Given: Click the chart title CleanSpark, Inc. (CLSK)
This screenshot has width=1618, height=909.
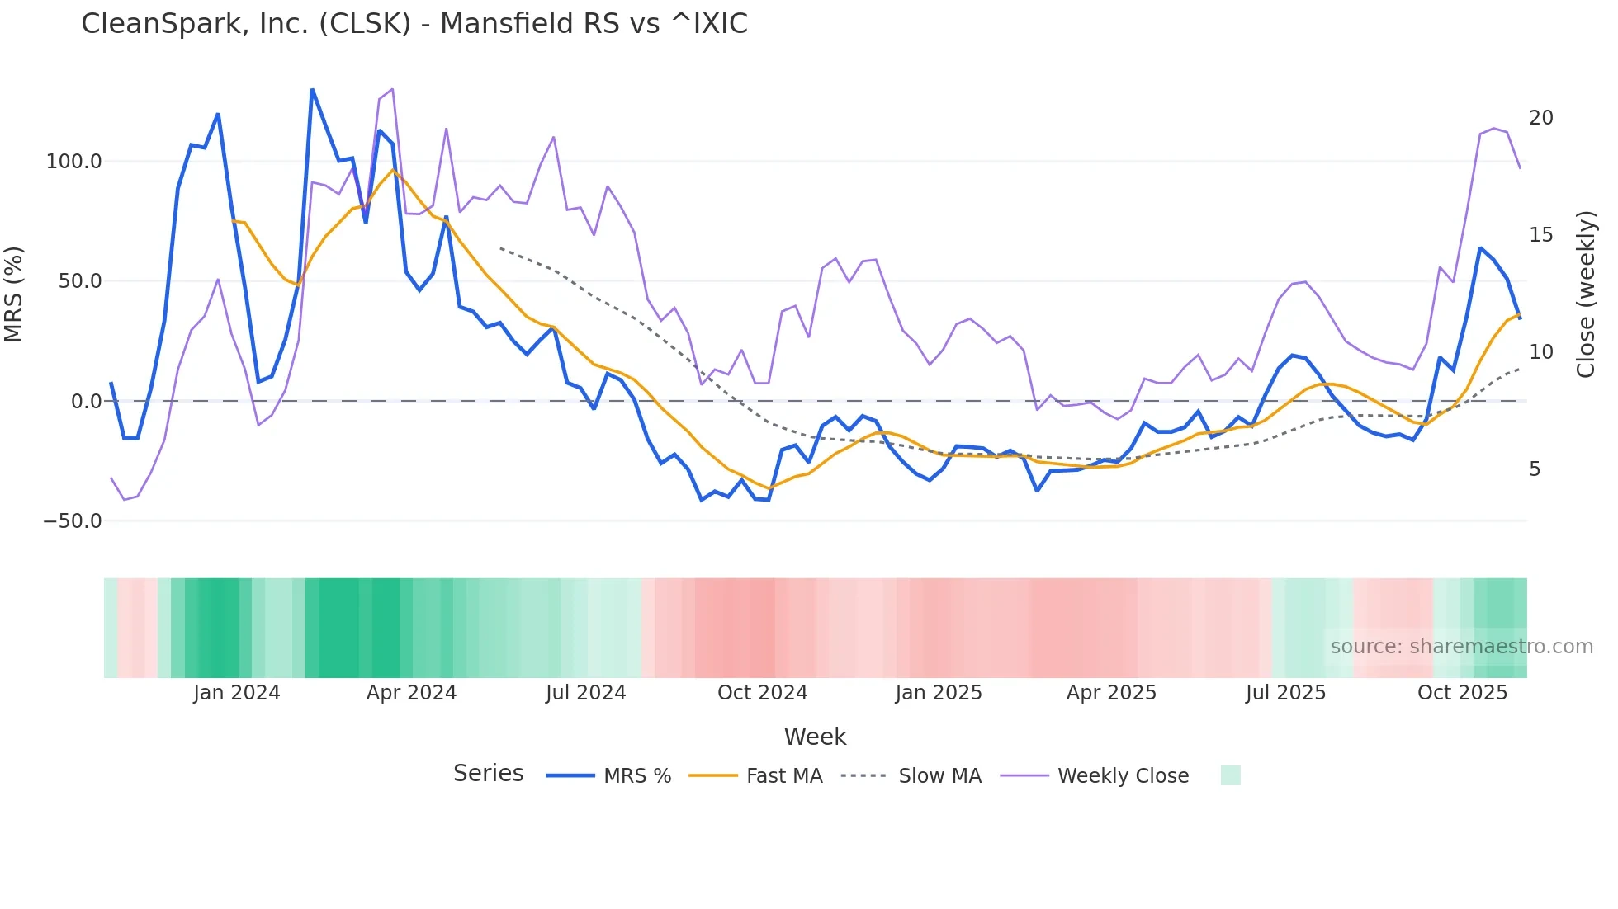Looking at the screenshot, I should point(414,24).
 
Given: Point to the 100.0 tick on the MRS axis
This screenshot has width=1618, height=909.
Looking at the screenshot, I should point(73,161).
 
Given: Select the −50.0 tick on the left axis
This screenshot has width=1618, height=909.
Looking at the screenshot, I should point(72,521).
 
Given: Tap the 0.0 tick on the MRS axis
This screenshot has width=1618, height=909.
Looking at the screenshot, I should point(86,402).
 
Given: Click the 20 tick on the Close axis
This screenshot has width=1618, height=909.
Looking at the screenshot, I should point(1540,118).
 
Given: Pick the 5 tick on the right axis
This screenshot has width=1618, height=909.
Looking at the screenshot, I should point(1535,469).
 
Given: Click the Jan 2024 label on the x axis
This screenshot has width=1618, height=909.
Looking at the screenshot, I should point(236,693).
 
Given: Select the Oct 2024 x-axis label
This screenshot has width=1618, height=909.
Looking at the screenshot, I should point(762,693).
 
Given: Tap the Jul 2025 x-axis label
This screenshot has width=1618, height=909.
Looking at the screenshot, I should point(1285,693).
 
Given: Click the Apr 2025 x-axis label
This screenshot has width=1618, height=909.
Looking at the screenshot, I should point(1111,693).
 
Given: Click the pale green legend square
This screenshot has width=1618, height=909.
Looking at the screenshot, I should point(1230,775).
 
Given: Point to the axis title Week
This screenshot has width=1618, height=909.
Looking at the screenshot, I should point(815,737).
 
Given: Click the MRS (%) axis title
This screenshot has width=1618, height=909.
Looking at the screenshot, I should point(14,294).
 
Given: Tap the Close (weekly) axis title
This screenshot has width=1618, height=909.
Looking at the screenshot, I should point(1586,294).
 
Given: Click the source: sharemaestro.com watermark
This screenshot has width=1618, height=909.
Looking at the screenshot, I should point(1461,647).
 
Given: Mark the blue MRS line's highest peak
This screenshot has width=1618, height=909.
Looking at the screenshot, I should point(312,89).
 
